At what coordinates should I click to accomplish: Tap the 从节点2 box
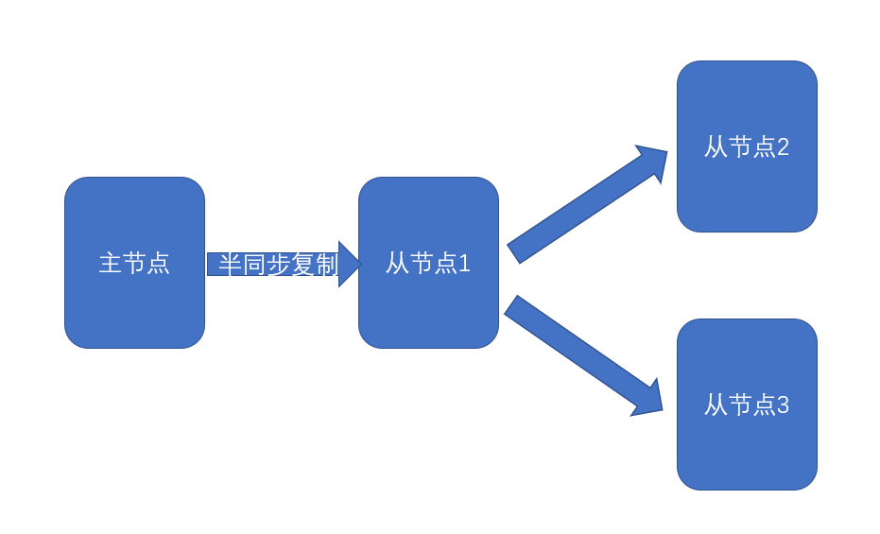pyautogui.click(x=747, y=189)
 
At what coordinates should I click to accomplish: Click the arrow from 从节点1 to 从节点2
pyautogui.click(x=577, y=210)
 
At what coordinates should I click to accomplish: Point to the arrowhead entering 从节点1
pyautogui.click(x=349, y=264)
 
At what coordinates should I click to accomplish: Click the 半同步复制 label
pyautogui.click(x=278, y=265)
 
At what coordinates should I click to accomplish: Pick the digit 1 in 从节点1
pyautogui.click(x=464, y=264)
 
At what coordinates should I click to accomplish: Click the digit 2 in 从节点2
pyautogui.click(x=783, y=147)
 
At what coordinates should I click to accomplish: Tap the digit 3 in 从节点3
pyautogui.click(x=783, y=405)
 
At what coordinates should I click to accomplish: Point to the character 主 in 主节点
pyautogui.click(x=111, y=263)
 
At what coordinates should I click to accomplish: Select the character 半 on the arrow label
pyautogui.click(x=230, y=265)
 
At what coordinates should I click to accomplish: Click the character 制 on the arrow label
pyautogui.click(x=327, y=265)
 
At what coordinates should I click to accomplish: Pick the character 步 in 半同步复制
pyautogui.click(x=278, y=265)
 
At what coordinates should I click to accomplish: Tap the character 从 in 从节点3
pyautogui.click(x=716, y=405)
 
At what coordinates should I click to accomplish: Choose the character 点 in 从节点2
pyautogui.click(x=763, y=147)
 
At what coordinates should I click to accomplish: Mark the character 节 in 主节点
pyautogui.click(x=134, y=263)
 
